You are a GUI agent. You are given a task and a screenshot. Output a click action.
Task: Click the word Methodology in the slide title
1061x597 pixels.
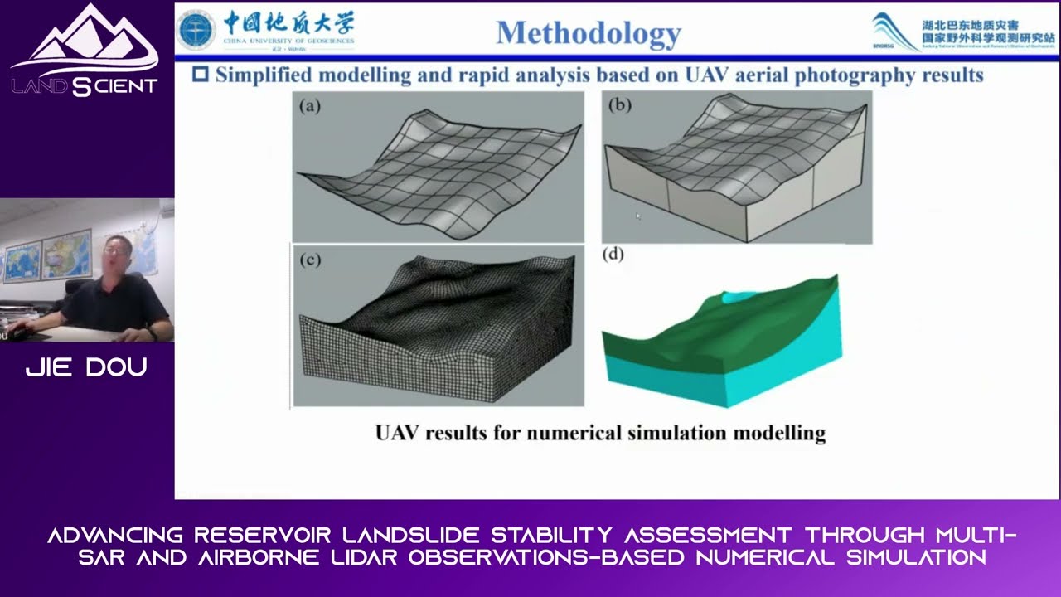click(589, 33)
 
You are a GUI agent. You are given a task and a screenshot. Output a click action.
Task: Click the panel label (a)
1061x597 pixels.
click(310, 106)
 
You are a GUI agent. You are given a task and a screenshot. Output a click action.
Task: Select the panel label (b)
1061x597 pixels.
click(619, 105)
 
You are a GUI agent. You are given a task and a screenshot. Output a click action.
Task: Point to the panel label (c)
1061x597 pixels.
click(310, 260)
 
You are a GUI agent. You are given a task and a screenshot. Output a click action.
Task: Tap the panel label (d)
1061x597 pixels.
click(613, 255)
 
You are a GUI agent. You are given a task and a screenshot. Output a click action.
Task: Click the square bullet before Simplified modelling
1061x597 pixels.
click(201, 75)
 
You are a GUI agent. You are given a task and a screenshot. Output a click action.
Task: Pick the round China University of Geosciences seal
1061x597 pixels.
click(196, 30)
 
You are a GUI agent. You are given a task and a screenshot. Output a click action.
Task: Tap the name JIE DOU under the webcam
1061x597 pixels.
click(86, 368)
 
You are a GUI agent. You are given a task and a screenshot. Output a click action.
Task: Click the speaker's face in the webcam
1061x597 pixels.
click(117, 253)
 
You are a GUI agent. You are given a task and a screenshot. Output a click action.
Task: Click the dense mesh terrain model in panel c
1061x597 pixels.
click(438, 332)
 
